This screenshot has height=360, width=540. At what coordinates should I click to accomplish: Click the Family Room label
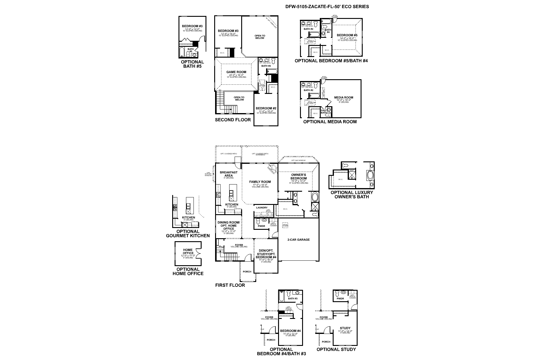pyautogui.click(x=260, y=182)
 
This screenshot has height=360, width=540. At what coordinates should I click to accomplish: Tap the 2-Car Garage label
pyautogui.click(x=298, y=240)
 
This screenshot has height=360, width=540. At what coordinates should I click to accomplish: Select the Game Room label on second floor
pyautogui.click(x=236, y=72)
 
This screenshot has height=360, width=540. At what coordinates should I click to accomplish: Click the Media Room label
pyautogui.click(x=343, y=97)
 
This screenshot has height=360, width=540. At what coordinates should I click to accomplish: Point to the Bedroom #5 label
pyautogui.click(x=347, y=35)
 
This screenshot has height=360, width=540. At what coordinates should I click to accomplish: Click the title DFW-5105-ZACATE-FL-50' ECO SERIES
pyautogui.click(x=327, y=6)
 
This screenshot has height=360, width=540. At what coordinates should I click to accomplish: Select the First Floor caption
pyautogui.click(x=230, y=285)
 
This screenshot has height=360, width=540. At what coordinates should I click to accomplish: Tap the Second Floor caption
pyautogui.click(x=233, y=120)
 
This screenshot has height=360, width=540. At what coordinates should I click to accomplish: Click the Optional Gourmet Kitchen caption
pyautogui.click(x=188, y=234)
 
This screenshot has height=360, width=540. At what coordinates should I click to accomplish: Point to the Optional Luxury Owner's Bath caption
pyautogui.click(x=352, y=195)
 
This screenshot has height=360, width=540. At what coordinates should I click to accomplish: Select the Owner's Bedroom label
pyautogui.click(x=298, y=177)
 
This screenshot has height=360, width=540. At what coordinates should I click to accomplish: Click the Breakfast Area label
pyautogui.click(x=228, y=174)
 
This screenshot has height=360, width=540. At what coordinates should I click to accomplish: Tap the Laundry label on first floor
pyautogui.click(x=262, y=208)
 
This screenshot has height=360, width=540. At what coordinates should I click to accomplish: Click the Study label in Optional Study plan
pyautogui.click(x=345, y=328)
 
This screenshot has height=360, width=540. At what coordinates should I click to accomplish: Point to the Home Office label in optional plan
pyautogui.click(x=188, y=251)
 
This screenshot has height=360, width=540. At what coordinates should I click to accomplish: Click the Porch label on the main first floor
pyautogui.click(x=247, y=272)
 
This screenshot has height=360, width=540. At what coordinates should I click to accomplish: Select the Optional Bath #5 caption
pyautogui.click(x=192, y=64)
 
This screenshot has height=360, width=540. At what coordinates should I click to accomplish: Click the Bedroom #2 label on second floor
pyautogui.click(x=266, y=108)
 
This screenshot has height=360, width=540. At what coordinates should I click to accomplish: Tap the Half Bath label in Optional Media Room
pyautogui.click(x=324, y=111)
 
